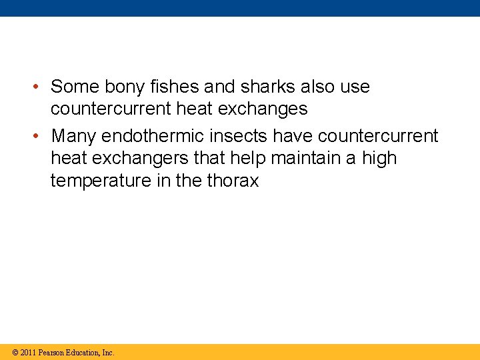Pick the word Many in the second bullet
tap(73, 137)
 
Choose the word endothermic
tap(159, 137)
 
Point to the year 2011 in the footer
tap(28, 353)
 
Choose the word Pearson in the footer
tap(52, 353)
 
